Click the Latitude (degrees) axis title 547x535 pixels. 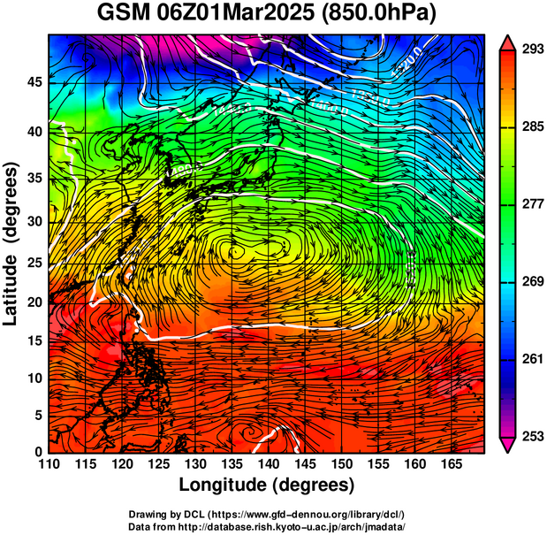pos(11,243)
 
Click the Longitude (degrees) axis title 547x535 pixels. pos(267,485)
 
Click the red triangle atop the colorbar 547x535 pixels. pos(507,42)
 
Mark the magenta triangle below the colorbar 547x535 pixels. pos(507,445)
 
